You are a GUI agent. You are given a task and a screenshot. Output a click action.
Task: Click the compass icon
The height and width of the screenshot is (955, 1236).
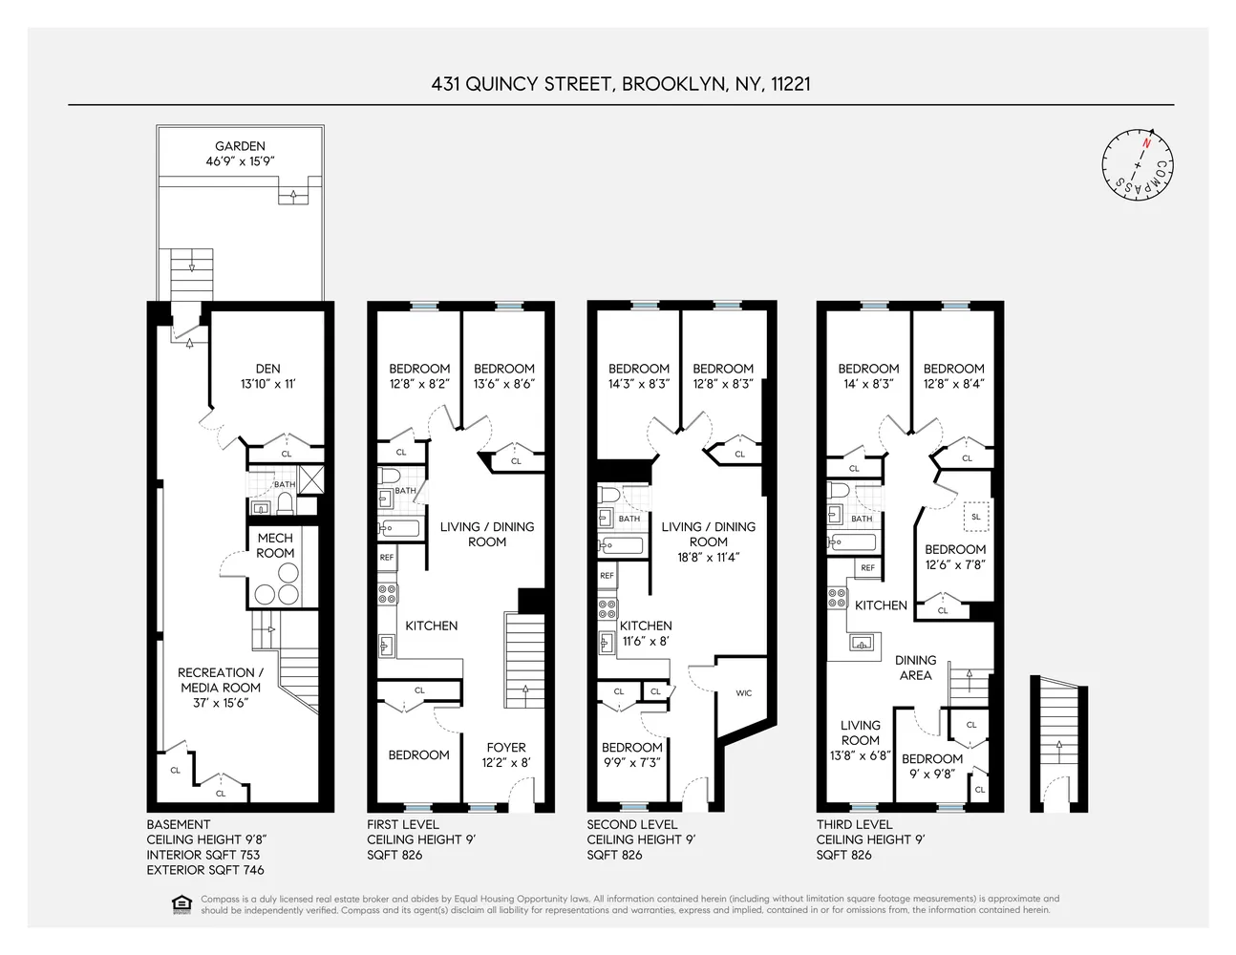click(x=1137, y=164)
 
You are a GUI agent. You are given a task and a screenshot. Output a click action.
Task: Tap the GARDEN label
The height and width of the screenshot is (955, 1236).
click(x=240, y=146)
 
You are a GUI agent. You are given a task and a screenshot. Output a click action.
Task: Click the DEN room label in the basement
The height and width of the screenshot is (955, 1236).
click(x=267, y=369)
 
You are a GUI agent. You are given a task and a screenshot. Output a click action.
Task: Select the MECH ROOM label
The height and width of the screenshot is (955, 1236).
click(x=275, y=545)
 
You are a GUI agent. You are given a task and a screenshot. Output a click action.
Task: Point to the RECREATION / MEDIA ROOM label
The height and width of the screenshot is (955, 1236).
click(x=221, y=680)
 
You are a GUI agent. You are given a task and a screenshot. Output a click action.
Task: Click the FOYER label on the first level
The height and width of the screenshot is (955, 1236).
click(x=505, y=748)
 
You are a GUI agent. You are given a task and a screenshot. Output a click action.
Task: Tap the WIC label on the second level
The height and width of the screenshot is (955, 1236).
click(x=743, y=693)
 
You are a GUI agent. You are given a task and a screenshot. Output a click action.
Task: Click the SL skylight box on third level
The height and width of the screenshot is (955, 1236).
click(x=975, y=517)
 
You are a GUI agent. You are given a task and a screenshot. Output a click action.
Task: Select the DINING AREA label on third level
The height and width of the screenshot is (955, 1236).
click(x=915, y=668)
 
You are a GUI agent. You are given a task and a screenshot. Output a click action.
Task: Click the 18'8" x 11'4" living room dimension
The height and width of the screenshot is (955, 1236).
click(x=708, y=557)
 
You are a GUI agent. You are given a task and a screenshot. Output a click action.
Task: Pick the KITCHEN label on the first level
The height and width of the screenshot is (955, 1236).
click(x=431, y=626)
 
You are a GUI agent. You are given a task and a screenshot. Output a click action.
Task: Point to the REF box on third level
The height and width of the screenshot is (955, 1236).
click(x=867, y=567)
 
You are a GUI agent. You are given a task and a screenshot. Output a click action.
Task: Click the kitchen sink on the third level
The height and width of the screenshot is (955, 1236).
click(x=863, y=645)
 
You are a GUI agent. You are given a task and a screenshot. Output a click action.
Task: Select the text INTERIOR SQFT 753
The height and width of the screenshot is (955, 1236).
click(x=202, y=855)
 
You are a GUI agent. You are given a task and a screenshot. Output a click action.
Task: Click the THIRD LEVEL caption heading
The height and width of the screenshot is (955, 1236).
click(x=854, y=824)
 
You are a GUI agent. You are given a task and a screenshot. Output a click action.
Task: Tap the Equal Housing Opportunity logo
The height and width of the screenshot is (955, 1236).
click(x=181, y=904)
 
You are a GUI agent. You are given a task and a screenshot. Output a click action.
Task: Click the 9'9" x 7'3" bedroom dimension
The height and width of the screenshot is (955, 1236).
click(x=630, y=763)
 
